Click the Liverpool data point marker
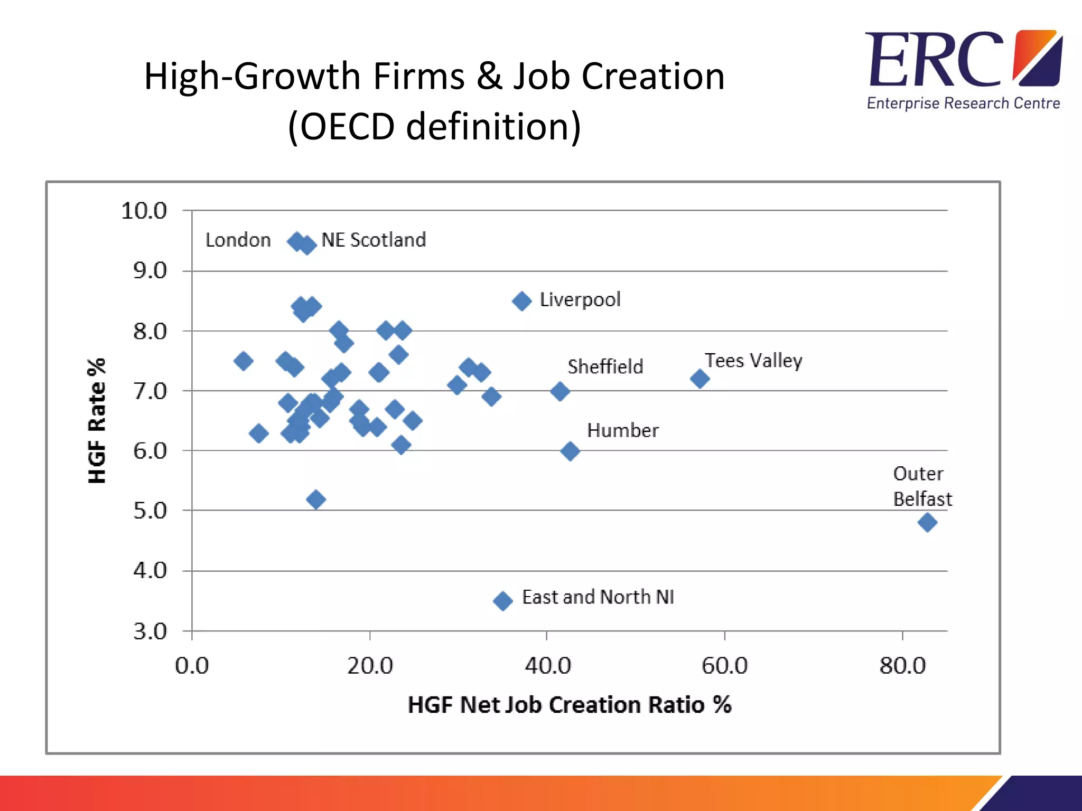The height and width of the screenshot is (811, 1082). pos(521,301)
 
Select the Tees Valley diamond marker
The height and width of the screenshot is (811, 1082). pos(699,379)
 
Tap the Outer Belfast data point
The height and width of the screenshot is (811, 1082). pos(927,523)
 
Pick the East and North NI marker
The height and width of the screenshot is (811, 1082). pos(502,600)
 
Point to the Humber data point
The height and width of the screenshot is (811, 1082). pos(570,451)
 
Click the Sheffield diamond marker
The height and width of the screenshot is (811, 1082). pos(560,392)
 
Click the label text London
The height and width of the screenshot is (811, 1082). pos(238,240)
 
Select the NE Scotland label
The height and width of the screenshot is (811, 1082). pos(373,240)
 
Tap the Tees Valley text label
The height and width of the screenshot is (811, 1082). pos(753,361)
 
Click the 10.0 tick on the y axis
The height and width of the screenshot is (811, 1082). pos(144,211)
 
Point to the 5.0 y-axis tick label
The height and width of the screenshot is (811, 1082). pos(150,511)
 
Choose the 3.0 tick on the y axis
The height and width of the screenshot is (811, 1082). pos(150,631)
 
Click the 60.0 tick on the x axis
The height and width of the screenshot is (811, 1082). pos(724,666)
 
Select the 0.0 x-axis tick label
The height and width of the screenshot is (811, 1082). pos(192,666)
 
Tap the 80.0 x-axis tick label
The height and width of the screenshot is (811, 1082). pos(902,666)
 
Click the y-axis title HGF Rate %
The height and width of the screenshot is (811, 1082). pos(97,420)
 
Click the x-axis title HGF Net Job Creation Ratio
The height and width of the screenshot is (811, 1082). pos(569,705)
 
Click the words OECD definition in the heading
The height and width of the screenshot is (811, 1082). pos(434,127)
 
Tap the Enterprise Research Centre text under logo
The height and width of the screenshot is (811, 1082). pos(963,103)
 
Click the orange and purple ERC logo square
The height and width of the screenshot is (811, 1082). pos(1037,58)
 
